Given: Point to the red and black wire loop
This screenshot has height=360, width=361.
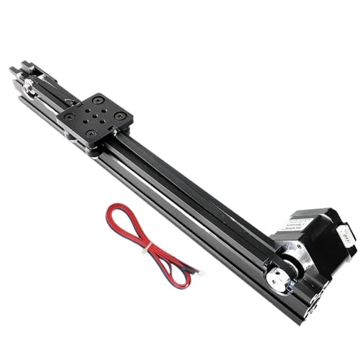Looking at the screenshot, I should click(130, 230).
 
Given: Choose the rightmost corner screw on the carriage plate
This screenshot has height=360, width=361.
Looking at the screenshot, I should click(120, 116).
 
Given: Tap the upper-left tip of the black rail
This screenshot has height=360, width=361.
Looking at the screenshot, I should click(13, 70).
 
